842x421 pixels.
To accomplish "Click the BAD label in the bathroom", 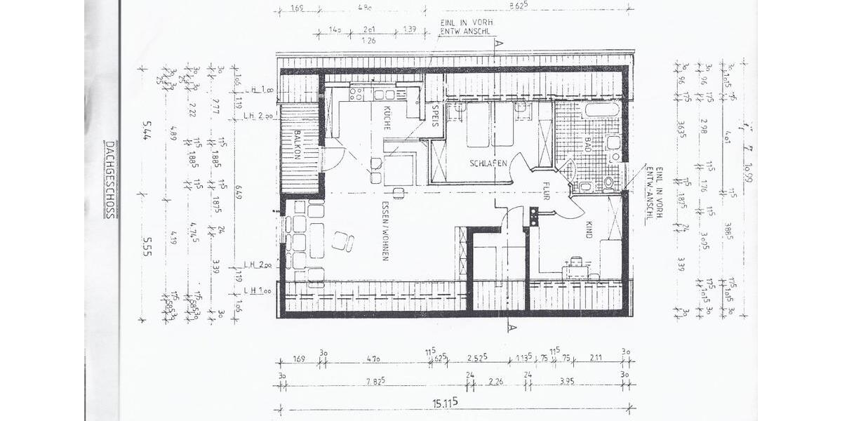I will pos(588,145).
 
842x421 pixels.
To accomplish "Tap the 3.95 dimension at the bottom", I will pos(576,381).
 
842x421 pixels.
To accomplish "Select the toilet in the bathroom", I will pos(607,184).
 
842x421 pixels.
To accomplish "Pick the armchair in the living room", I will pos(343,241).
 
